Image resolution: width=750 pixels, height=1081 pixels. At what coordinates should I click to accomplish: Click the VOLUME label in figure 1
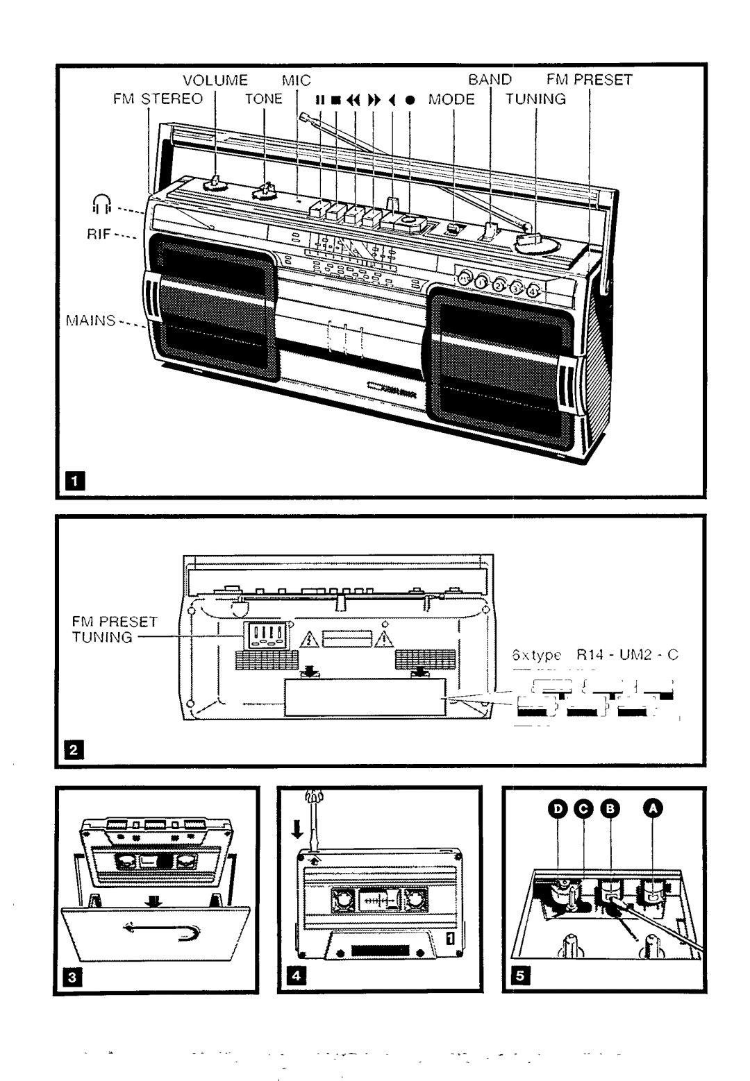(x=215, y=80)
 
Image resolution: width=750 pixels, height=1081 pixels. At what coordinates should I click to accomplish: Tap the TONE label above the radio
(x=264, y=99)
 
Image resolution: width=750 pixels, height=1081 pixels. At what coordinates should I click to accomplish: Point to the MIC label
(x=297, y=80)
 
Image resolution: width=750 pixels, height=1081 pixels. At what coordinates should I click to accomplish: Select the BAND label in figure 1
(x=490, y=80)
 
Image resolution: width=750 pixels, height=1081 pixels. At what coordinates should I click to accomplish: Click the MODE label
(x=451, y=99)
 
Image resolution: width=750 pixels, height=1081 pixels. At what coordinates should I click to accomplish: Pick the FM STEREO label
(x=158, y=99)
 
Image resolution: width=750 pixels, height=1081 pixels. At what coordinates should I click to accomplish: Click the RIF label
(x=99, y=235)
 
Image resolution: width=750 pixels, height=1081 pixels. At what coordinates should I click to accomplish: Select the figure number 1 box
(x=77, y=479)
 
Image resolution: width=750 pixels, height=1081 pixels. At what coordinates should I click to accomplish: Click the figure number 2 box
(x=77, y=749)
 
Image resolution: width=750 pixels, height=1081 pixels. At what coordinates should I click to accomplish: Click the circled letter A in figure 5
(x=653, y=808)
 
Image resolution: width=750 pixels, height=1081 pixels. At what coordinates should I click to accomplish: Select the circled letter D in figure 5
(x=557, y=808)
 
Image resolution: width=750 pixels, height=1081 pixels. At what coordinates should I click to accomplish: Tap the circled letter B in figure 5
(x=608, y=808)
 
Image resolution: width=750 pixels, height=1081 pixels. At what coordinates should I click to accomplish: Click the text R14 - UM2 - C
(x=626, y=654)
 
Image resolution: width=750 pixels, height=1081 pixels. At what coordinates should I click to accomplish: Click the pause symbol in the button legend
(x=320, y=100)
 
